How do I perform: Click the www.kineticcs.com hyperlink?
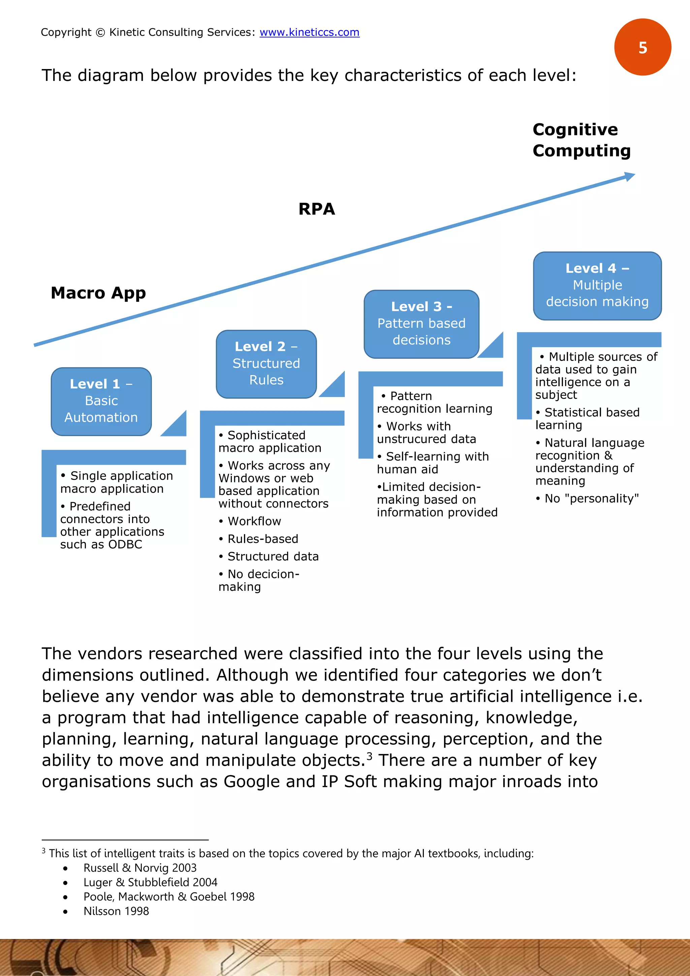pos(309,32)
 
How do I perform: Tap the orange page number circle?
pos(642,47)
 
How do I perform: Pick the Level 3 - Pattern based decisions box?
pos(421,324)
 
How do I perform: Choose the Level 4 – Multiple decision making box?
pos(597,285)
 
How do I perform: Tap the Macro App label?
pos(98,293)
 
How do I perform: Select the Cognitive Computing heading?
pos(581,140)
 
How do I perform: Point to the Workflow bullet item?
pos(254,521)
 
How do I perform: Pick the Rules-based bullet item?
pos(262,539)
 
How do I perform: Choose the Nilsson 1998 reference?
pos(116,911)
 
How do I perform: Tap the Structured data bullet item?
pos(273,556)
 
